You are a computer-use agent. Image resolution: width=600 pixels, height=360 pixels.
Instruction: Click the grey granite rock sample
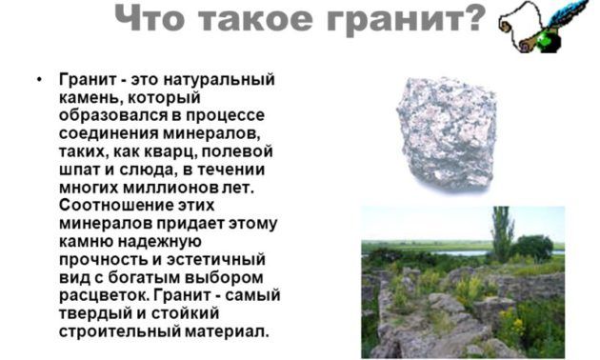pyautogui.click(x=445, y=132)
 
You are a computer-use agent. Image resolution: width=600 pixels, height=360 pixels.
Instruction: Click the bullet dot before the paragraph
pyautogui.click(x=38, y=78)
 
